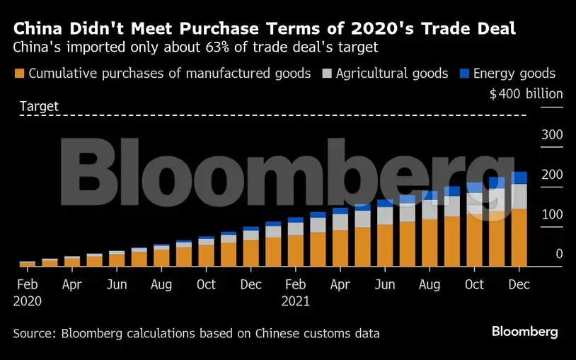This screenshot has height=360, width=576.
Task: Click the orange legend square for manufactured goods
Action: tap(19, 74)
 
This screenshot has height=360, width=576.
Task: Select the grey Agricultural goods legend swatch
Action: tap(326, 74)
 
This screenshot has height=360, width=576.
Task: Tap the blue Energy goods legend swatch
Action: tap(463, 74)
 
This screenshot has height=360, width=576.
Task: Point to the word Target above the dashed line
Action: tap(39, 106)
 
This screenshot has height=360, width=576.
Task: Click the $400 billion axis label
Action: tap(526, 94)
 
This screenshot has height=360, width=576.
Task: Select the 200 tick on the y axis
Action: tap(551, 175)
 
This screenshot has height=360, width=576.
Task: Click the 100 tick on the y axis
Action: tap(551, 215)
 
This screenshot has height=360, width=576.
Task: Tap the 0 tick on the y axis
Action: tap(559, 254)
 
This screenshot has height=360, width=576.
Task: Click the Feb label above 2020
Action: tap(28, 284)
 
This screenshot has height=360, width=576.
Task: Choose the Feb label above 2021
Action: tap(295, 284)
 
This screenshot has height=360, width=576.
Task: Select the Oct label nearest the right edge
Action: tap(474, 284)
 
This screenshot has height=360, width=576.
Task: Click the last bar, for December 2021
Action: tap(519, 226)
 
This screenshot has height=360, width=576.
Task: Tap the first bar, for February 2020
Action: tap(28, 264)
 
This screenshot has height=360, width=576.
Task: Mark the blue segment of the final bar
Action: tap(519, 178)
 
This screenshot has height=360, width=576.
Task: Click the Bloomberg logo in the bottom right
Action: tap(524, 332)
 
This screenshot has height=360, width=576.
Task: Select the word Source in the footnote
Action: tap(34, 333)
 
